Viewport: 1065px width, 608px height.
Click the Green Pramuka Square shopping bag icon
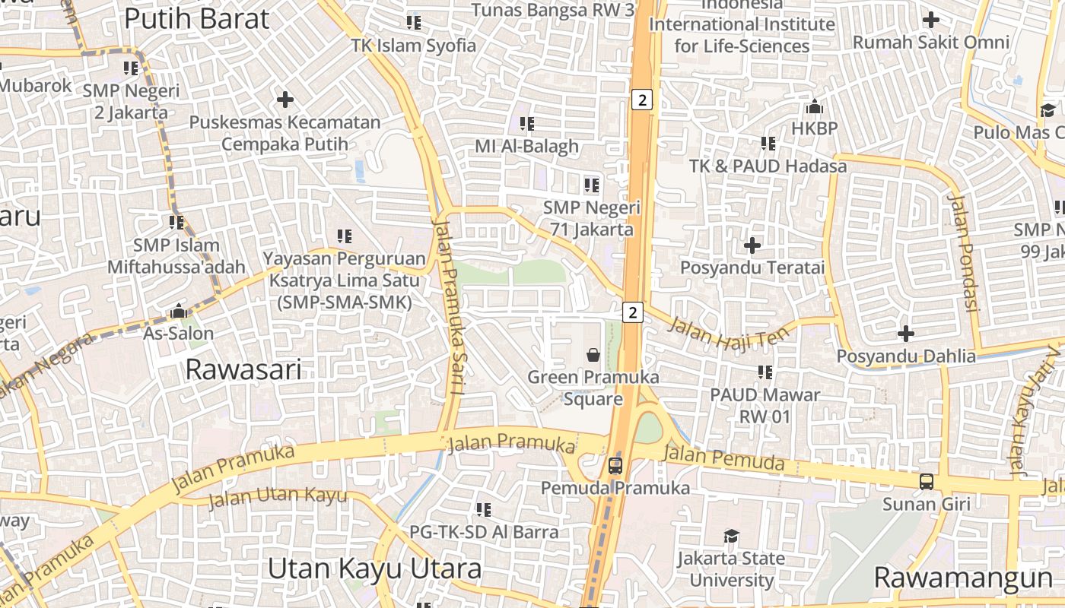593,355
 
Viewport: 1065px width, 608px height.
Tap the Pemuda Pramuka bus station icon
615,466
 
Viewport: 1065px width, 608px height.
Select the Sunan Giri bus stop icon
927,481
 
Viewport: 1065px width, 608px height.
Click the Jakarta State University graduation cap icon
731,537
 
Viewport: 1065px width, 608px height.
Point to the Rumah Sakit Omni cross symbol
930,20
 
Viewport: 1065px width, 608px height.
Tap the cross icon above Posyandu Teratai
752,245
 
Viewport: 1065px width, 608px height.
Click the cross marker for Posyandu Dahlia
905,334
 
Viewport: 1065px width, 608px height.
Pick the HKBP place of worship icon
815,106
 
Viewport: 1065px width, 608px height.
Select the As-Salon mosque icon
179,311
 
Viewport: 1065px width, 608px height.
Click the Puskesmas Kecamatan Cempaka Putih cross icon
285,100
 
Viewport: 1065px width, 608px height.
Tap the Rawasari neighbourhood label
243,370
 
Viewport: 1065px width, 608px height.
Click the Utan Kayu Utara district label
375,568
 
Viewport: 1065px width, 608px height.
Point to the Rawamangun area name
963,578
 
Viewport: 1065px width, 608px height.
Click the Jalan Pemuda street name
723,458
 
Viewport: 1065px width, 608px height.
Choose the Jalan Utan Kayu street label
278,498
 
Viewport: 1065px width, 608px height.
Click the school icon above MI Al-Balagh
526,123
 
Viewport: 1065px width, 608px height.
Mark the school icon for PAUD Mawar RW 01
765,372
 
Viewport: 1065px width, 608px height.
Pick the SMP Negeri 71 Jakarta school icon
591,185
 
